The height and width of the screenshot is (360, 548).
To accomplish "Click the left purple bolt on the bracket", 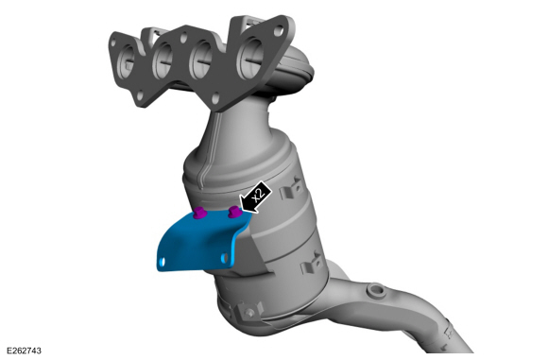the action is [x=199, y=213].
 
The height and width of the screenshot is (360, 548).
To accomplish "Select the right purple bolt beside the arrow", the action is [x=234, y=212].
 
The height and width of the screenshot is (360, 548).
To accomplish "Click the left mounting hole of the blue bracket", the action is [x=162, y=262].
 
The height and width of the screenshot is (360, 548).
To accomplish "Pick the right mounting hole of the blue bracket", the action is [x=225, y=258].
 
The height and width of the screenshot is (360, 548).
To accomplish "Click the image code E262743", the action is [x=24, y=351].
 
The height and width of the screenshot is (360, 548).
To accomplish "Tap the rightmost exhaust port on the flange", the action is [x=250, y=58].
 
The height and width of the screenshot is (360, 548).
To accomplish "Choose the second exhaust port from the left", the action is [x=163, y=61].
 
